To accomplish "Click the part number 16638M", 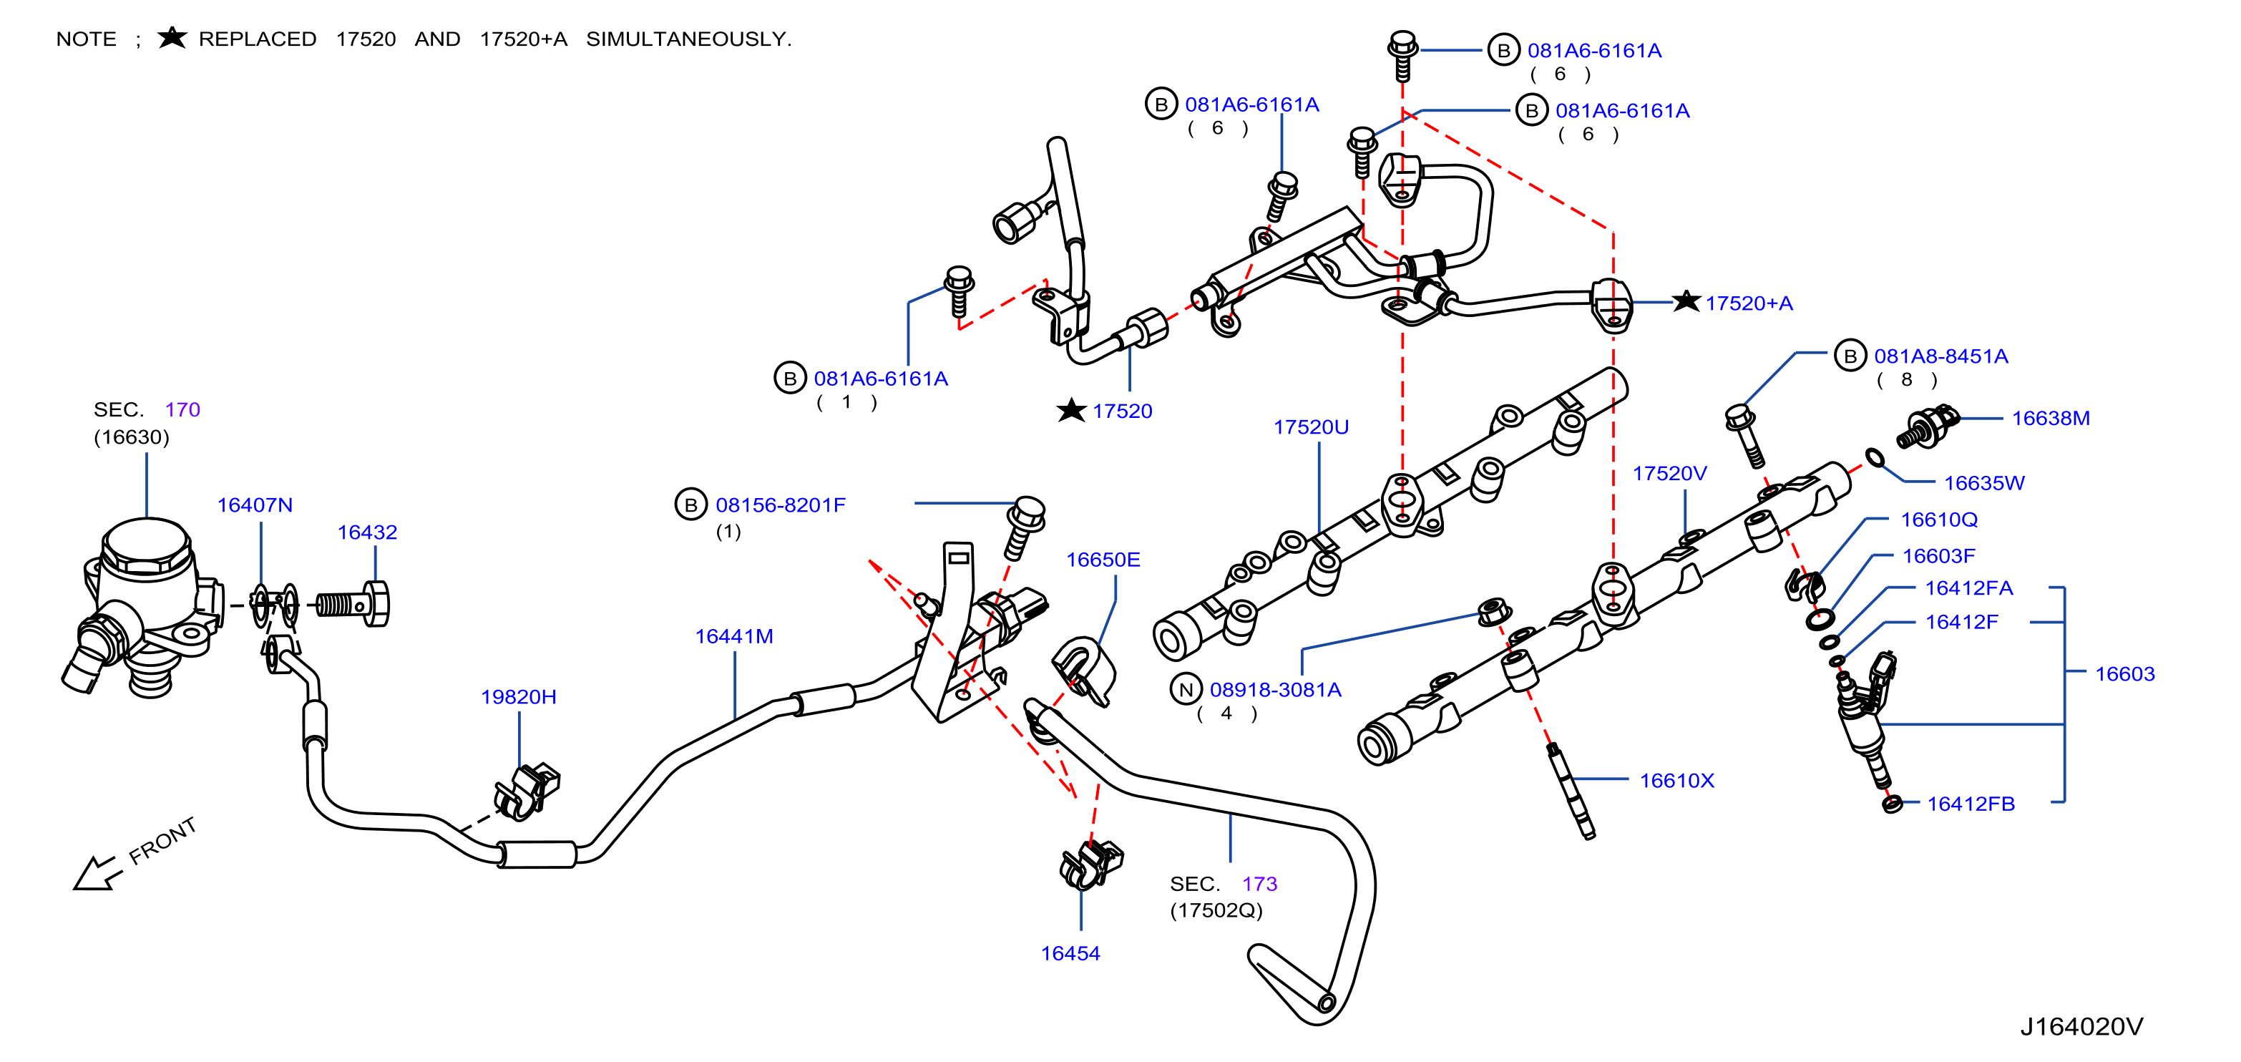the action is click(x=2050, y=419).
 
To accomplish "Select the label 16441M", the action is click(x=733, y=637).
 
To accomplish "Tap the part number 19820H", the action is click(x=519, y=697).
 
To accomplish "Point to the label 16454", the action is click(x=1070, y=953).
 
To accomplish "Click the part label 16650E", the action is click(x=1103, y=560).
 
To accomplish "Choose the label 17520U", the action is click(x=1311, y=427).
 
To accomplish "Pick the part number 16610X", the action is click(x=1676, y=781).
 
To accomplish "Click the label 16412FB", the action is click(x=1971, y=804).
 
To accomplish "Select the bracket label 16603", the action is click(x=2124, y=674).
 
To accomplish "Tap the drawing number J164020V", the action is click(x=2081, y=1027).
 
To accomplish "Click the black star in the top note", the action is click(x=172, y=37).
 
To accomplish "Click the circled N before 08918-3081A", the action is click(x=1185, y=690).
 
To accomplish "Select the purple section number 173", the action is click(x=1259, y=884).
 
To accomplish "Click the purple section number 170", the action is click(x=182, y=409).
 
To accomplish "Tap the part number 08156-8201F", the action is click(x=781, y=505).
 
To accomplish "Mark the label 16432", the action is click(x=367, y=532).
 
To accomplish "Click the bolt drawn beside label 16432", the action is click(x=352, y=603).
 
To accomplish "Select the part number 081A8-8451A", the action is click(x=1941, y=356).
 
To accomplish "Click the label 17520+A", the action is click(x=1749, y=303).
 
